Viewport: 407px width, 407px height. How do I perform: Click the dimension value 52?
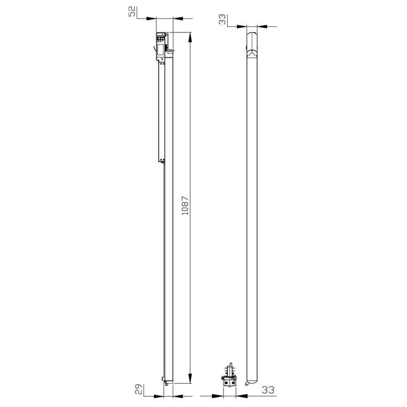[x=132, y=12]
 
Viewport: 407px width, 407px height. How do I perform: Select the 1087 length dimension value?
[x=185, y=206]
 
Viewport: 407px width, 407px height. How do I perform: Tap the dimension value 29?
[x=139, y=389]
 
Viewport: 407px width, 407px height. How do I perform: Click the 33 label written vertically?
[x=223, y=20]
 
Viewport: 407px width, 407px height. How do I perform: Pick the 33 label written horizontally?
[x=268, y=389]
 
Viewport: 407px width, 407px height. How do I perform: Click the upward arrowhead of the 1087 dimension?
[x=190, y=37]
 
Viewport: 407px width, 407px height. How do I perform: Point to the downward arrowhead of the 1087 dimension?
[x=190, y=378]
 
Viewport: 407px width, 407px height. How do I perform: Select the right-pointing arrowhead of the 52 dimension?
[x=151, y=19]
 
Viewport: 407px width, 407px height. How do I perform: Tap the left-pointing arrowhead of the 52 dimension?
[x=178, y=19]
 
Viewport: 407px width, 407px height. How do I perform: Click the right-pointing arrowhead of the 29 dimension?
[x=159, y=396]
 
